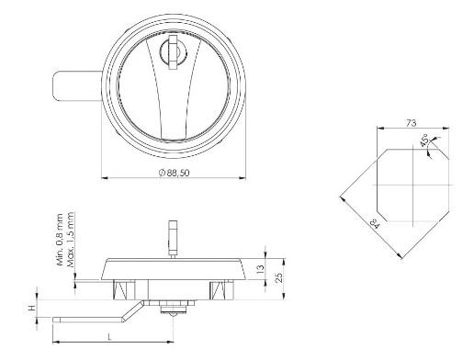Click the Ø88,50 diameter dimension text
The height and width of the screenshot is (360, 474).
pyautogui.click(x=175, y=173)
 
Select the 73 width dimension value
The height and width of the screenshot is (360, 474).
pyautogui.click(x=412, y=123)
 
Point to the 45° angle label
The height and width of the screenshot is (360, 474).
pyautogui.click(x=424, y=141)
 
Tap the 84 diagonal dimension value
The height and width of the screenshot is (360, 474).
pyautogui.click(x=375, y=223)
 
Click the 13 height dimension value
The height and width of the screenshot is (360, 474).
pyautogui.click(x=260, y=268)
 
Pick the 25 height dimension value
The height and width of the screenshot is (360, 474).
pyautogui.click(x=279, y=277)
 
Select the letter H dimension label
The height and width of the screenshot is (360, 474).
pyautogui.click(x=32, y=309)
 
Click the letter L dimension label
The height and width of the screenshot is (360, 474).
pyautogui.click(x=109, y=337)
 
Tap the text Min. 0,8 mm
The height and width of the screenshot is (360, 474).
pyautogui.click(x=60, y=240)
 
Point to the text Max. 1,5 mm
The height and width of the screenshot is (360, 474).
pyautogui.click(x=70, y=240)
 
